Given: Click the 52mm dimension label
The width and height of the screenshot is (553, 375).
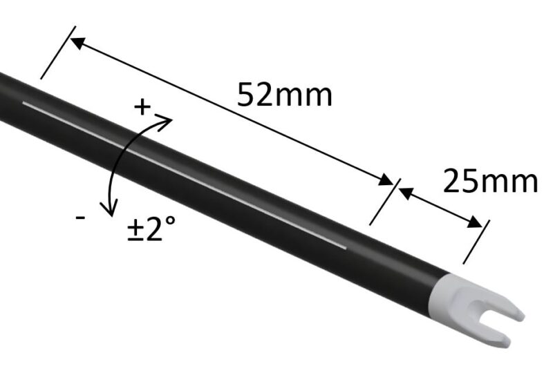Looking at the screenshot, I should pyautogui.click(x=285, y=94).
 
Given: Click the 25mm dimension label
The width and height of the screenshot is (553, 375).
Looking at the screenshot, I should pyautogui.click(x=489, y=182).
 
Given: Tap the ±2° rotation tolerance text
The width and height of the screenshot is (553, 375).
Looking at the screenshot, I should pyautogui.click(x=153, y=229).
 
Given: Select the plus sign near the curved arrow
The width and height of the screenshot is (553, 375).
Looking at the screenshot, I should pyautogui.click(x=142, y=107).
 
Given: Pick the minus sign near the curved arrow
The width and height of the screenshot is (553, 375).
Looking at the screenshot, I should pyautogui.click(x=81, y=218).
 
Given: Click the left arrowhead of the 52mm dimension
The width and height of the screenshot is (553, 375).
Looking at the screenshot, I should pyautogui.click(x=78, y=43).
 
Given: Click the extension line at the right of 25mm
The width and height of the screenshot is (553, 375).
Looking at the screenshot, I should pyautogui.click(x=476, y=242).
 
